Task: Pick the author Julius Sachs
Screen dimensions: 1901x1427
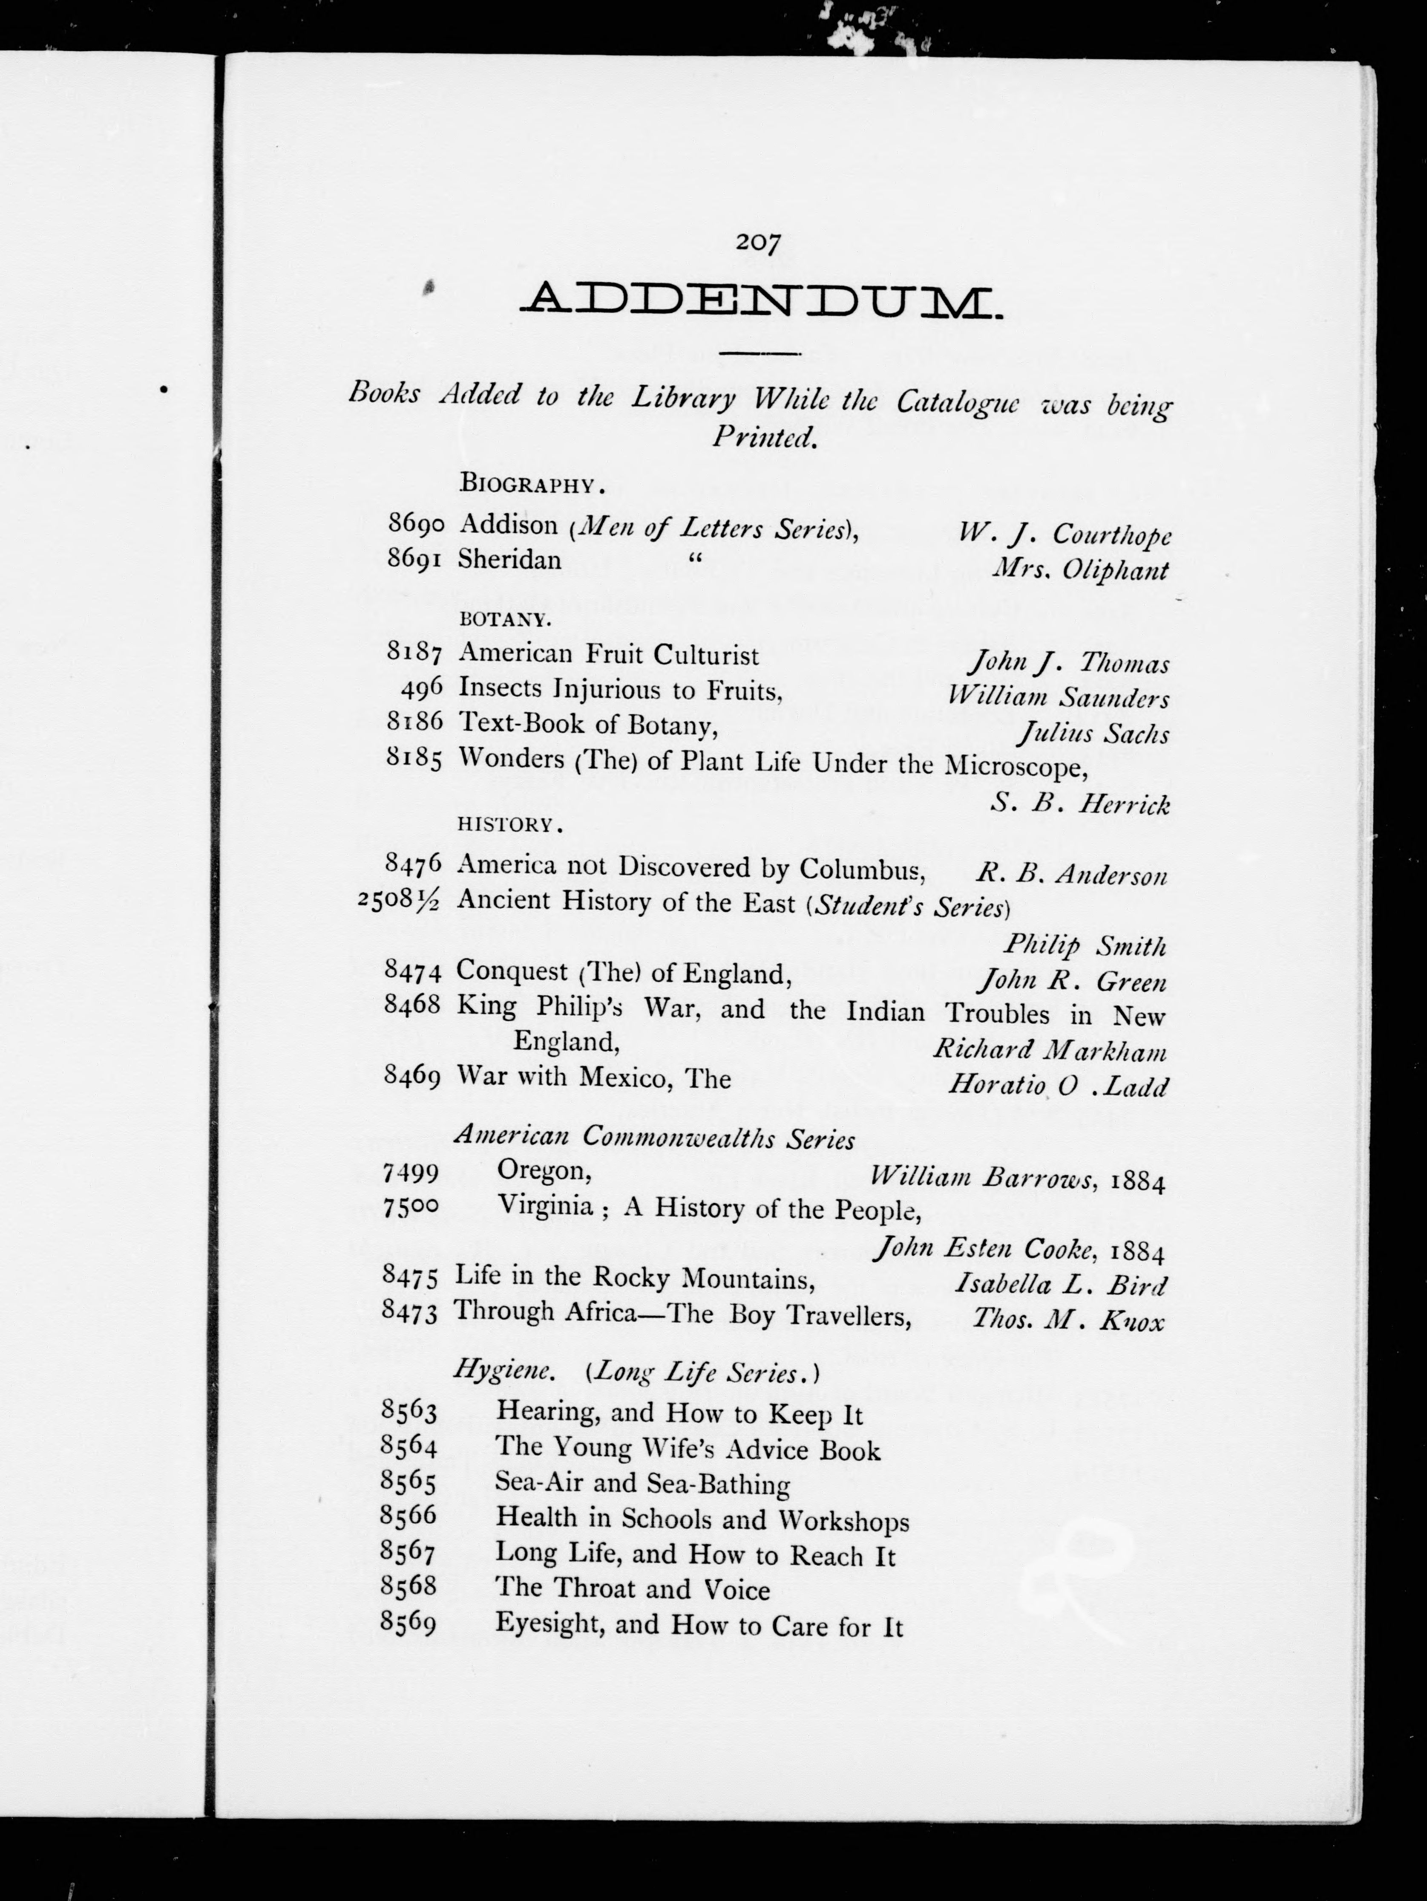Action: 1093,734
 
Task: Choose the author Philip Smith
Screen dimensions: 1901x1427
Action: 1085,946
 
